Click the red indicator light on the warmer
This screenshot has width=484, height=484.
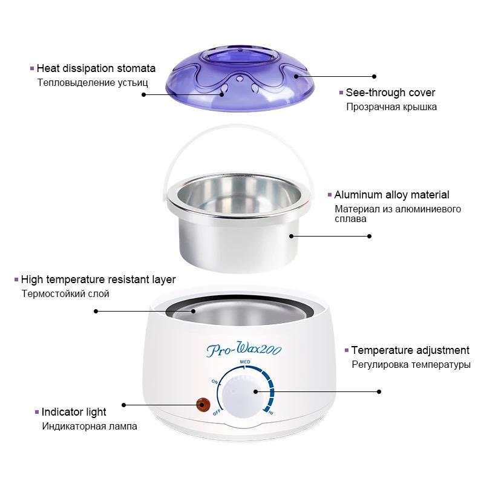click(x=203, y=405)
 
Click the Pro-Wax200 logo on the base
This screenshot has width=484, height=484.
click(x=244, y=349)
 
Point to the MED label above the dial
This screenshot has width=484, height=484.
click(x=245, y=361)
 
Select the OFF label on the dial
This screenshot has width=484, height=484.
click(x=217, y=413)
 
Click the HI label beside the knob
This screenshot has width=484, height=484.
click(x=270, y=413)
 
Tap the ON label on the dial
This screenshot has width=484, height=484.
click(x=215, y=382)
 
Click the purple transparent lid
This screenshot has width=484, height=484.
click(x=240, y=79)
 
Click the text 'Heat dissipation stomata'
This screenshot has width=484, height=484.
click(x=96, y=68)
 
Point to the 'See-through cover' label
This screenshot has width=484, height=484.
click(x=390, y=93)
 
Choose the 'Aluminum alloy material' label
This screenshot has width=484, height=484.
click(x=391, y=195)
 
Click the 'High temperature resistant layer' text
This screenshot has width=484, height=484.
click(x=98, y=280)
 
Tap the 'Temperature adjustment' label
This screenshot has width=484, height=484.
click(x=410, y=350)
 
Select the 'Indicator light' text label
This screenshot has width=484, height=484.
click(x=74, y=412)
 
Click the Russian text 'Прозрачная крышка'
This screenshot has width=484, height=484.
click(x=391, y=107)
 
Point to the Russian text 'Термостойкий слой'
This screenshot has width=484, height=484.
click(x=65, y=293)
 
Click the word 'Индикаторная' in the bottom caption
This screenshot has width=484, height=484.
click(x=74, y=427)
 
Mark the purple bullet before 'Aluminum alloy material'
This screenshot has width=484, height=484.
click(x=329, y=195)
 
